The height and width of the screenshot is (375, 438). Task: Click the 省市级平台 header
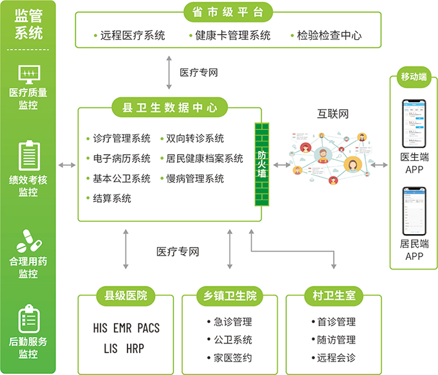click(228, 12)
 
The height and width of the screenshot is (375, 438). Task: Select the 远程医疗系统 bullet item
click(133, 36)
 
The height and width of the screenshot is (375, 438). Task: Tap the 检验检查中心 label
click(328, 36)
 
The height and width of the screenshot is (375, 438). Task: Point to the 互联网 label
click(332, 114)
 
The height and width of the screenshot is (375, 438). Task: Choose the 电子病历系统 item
click(121, 158)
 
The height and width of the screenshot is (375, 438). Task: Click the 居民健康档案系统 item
click(204, 158)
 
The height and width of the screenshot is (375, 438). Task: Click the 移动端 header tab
click(414, 77)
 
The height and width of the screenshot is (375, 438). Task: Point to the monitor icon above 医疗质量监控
click(28, 74)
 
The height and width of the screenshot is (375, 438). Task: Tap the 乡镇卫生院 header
click(229, 296)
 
